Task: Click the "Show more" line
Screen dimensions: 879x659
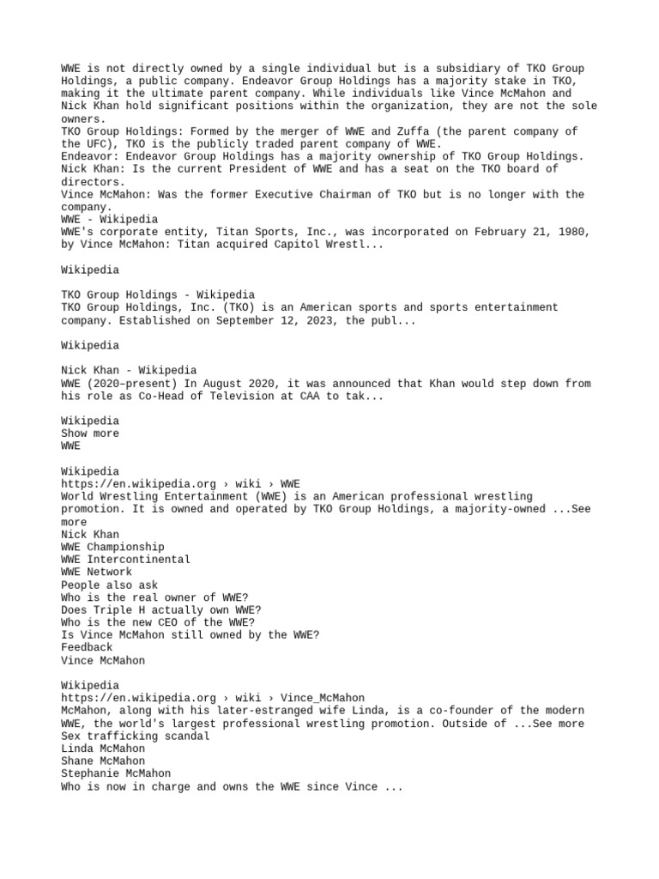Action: point(90,433)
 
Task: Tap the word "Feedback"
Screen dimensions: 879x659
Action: point(87,647)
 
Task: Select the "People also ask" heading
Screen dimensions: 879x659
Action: point(109,585)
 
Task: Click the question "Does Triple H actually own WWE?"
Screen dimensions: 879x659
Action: point(149,609)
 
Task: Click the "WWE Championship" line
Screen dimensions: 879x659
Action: point(112,547)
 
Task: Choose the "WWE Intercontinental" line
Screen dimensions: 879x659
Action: point(125,560)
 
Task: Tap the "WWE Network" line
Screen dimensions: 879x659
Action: point(96,572)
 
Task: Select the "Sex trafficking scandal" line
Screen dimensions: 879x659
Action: point(135,736)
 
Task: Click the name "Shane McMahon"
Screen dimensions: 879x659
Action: point(103,761)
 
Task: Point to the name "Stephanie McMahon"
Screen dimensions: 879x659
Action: point(116,773)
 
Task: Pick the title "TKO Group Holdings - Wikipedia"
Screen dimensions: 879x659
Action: point(158,294)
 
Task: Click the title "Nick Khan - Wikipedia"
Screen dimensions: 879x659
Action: point(129,370)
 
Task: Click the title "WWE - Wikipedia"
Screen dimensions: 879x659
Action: point(109,220)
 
